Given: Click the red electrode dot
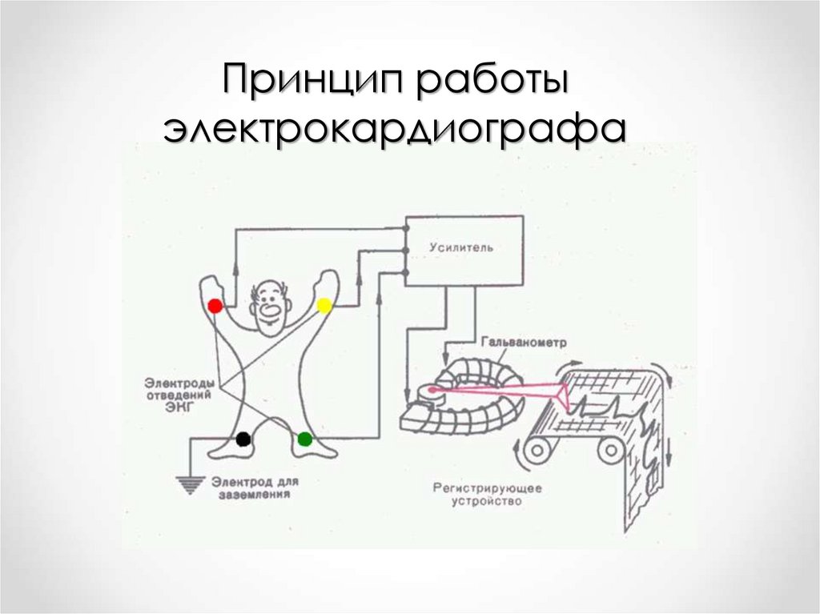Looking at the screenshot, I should coord(215,306).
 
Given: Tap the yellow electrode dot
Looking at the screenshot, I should coord(324,305).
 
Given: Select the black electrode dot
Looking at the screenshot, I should coord(243,439).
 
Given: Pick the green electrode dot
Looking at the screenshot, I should coord(304,439).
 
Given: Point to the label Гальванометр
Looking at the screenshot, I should coord(524,342).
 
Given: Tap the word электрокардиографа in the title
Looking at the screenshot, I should coord(394,130).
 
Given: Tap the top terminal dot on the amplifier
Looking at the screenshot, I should coord(406,230).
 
